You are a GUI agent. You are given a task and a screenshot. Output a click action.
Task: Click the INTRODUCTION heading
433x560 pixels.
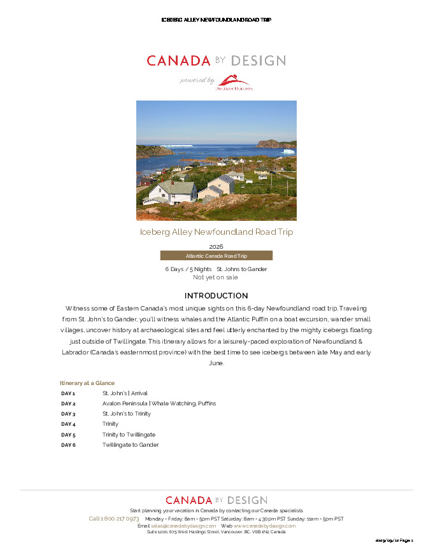tap(216, 296)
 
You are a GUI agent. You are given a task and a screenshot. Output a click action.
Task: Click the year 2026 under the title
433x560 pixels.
tap(216, 246)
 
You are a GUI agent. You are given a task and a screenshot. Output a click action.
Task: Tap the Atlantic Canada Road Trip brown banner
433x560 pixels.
tap(216, 256)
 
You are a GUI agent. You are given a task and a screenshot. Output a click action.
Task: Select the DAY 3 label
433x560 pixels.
tap(68, 414)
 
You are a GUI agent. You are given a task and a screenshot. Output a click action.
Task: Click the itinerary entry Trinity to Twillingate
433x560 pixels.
tap(129, 435)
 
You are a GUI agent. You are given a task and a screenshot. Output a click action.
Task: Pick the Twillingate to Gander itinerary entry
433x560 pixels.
tap(130, 445)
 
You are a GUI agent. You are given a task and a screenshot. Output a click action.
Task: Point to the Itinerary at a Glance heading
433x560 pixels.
tap(87, 383)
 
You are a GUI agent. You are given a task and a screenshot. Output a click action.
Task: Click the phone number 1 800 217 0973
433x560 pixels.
tap(114, 519)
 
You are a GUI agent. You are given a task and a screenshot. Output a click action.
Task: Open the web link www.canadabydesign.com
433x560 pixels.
tap(264, 526)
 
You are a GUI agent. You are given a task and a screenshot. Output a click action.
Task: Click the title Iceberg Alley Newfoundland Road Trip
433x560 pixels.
tap(216, 232)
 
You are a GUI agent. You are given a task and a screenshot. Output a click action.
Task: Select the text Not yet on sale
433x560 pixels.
tap(215, 277)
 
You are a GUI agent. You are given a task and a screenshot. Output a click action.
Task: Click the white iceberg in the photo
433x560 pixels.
tap(288, 151)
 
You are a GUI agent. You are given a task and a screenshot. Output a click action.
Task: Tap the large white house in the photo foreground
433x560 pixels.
tap(173, 190)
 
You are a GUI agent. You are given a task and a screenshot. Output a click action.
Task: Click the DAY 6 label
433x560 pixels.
tap(68, 445)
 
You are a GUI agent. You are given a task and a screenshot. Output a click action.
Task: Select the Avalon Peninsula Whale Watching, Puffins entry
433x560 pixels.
tap(159, 403)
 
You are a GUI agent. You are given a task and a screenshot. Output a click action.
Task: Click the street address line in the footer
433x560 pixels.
tap(216, 532)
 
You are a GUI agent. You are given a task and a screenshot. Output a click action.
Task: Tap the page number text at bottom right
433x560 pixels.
tap(394, 540)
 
